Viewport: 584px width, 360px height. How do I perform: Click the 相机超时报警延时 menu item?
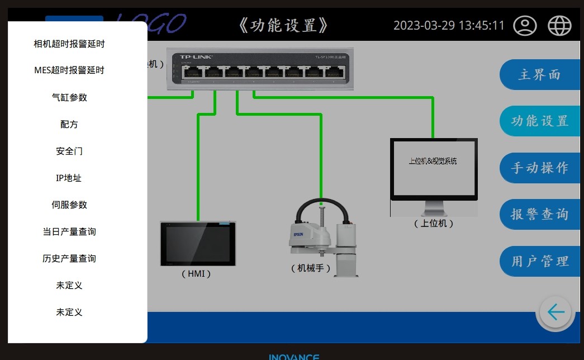click(69, 44)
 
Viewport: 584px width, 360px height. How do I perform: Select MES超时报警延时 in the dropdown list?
click(69, 70)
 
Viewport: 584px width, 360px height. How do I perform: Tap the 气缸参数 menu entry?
click(69, 97)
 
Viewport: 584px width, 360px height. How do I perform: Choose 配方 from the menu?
click(69, 124)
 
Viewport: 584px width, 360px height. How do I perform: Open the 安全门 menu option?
click(69, 151)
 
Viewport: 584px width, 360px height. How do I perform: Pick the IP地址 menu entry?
click(69, 178)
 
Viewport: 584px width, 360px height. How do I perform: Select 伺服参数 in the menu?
click(69, 205)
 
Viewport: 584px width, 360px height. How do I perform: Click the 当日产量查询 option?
click(69, 231)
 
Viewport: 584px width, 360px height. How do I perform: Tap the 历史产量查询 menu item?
click(69, 258)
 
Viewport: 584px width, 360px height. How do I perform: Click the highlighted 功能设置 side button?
click(539, 121)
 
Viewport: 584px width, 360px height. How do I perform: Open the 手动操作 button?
click(539, 168)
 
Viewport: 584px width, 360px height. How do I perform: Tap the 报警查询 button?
click(539, 214)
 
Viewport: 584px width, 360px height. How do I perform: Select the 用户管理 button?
click(539, 261)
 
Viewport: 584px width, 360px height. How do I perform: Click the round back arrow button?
click(555, 312)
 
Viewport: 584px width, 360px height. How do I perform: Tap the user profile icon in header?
click(525, 26)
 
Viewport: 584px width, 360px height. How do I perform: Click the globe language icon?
click(559, 26)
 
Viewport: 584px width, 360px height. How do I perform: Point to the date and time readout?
click(449, 26)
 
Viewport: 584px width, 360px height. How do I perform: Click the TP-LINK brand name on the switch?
click(196, 56)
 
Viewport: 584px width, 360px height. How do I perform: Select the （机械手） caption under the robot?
click(311, 268)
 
